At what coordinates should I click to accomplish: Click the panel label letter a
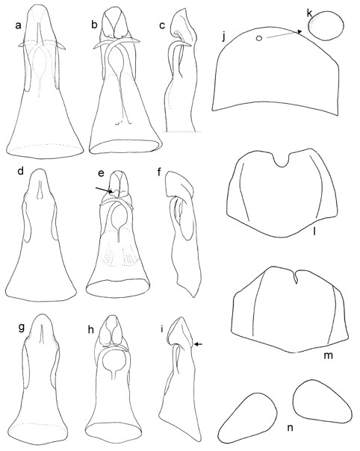point(19,26)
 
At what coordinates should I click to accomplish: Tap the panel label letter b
point(95,25)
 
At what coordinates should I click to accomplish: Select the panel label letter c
point(162,25)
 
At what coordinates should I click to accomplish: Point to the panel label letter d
point(20,173)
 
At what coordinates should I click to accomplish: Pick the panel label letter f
point(161,173)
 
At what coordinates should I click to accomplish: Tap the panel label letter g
point(21,329)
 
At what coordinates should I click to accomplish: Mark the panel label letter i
point(162,329)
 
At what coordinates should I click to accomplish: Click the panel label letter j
point(225,37)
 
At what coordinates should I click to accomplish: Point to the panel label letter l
point(315,231)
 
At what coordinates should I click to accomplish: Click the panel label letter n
point(291,428)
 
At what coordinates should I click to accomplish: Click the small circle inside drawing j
point(259,38)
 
